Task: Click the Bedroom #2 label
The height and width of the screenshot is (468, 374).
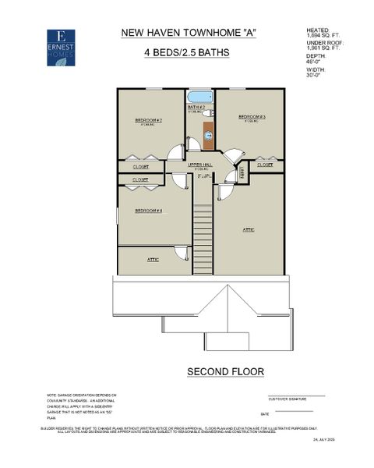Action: pyautogui.click(x=147, y=120)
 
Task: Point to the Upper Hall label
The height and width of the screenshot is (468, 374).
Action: pyautogui.click(x=201, y=165)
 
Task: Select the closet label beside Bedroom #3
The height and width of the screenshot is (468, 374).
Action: pyautogui.click(x=265, y=165)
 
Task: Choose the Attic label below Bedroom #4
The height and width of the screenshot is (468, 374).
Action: pyautogui.click(x=153, y=259)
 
